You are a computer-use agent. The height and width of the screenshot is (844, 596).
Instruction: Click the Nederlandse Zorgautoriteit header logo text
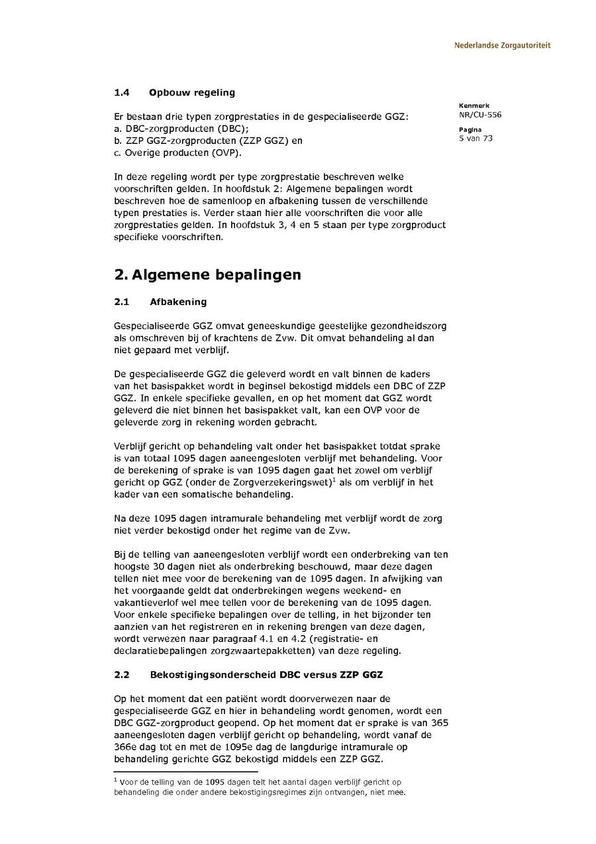point(502,46)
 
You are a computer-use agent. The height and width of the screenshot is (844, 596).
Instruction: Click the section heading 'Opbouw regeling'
point(192,92)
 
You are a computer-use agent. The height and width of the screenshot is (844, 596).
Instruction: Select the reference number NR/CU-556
point(479,115)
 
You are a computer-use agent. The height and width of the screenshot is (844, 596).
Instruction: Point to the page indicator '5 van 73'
point(475,139)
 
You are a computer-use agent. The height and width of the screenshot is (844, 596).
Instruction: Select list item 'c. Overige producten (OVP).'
point(178,152)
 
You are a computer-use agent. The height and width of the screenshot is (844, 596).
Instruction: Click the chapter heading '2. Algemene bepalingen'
point(207,274)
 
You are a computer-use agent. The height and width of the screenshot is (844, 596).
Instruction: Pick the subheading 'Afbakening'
point(178,302)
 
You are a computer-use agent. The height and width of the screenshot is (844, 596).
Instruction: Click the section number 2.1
point(121,302)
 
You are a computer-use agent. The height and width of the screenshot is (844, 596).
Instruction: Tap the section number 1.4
point(121,92)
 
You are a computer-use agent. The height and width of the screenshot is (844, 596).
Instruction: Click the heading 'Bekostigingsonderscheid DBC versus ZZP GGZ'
point(266,675)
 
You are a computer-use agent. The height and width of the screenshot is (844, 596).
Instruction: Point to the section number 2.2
point(121,675)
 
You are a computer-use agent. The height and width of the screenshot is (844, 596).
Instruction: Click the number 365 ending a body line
point(439,723)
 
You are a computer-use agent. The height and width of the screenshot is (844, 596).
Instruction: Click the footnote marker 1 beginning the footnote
point(115,781)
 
